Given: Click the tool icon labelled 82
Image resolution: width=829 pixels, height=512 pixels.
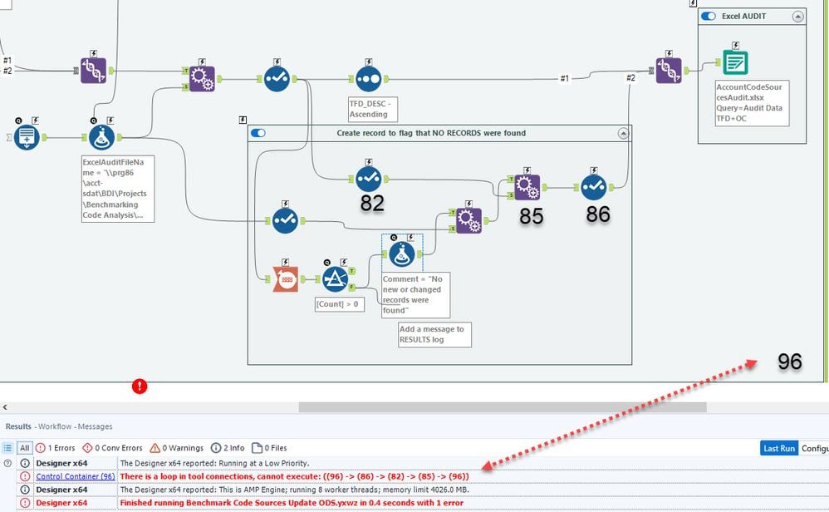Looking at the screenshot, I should [368, 179].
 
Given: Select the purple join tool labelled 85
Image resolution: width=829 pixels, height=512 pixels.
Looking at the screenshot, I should [527, 187].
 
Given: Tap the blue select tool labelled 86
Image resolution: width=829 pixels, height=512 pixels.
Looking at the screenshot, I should [594, 187].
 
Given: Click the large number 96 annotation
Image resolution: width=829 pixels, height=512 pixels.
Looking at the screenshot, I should [789, 362].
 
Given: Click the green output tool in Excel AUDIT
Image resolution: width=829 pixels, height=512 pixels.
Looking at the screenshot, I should [735, 62].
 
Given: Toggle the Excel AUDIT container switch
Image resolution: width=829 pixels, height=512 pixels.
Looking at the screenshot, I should [709, 16].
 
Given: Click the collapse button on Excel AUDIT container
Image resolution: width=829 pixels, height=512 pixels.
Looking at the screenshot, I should [797, 16].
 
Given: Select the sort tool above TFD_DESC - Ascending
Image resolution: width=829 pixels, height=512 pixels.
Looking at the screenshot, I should [368, 79].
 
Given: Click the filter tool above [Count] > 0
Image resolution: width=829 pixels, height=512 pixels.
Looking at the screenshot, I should [335, 279].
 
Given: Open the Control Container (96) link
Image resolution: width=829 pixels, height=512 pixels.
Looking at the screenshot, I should [76, 476].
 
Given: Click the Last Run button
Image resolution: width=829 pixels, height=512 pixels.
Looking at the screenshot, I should [778, 448].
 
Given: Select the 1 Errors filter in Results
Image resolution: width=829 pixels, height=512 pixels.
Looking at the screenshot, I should [57, 448].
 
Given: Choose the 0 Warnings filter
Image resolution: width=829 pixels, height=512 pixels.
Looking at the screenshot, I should [177, 448].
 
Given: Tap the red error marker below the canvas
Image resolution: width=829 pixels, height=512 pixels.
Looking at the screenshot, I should [140, 386].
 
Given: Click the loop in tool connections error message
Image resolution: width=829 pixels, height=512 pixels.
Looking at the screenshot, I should [295, 476].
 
